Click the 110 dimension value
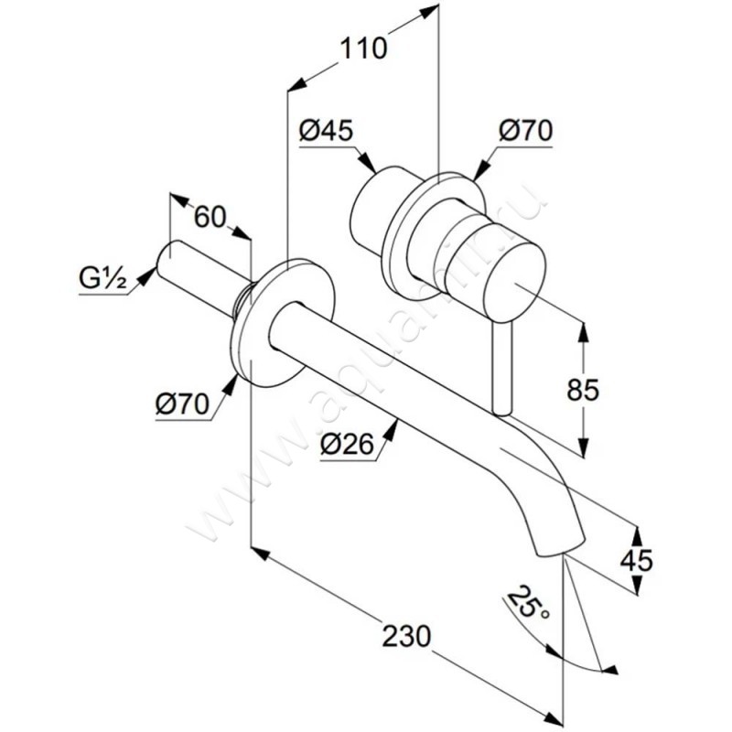pos(364,48)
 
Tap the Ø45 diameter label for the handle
pos(325,131)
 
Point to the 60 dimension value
pos(210,217)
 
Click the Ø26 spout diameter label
pos(347,445)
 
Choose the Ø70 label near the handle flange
pos(525,131)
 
